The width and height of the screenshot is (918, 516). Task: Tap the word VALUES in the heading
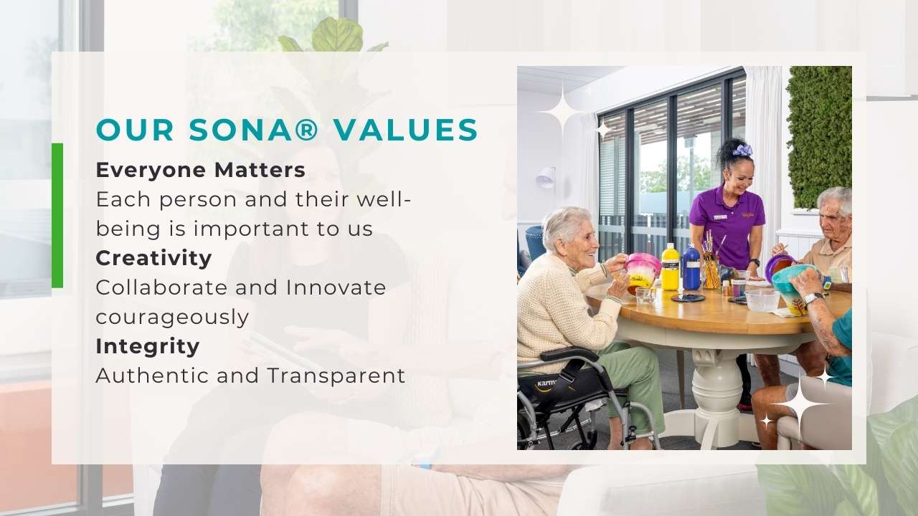pyautogui.click(x=406, y=130)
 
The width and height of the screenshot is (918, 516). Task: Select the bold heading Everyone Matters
pyautogui.click(x=200, y=170)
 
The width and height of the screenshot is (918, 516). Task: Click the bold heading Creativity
pyautogui.click(x=153, y=258)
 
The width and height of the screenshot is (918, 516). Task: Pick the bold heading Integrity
pyautogui.click(x=148, y=346)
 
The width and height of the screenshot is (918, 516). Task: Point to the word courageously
pyautogui.click(x=172, y=317)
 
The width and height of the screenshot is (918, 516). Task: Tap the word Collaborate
pyautogui.click(x=161, y=287)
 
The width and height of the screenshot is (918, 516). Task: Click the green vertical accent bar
pyautogui.click(x=57, y=216)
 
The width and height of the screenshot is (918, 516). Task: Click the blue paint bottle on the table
pyautogui.click(x=691, y=267)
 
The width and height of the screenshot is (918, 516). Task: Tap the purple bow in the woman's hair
pyautogui.click(x=742, y=150)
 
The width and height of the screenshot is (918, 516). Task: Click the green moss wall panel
pyautogui.click(x=819, y=137)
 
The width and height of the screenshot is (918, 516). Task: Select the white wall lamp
pyautogui.click(x=546, y=178)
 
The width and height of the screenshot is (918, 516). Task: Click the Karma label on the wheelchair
pyautogui.click(x=546, y=383)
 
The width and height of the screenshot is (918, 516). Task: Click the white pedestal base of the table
pyautogui.click(x=716, y=396)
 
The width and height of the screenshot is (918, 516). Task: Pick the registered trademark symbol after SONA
pyautogui.click(x=306, y=130)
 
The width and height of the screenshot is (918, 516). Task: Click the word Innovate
pyautogui.click(x=336, y=287)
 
